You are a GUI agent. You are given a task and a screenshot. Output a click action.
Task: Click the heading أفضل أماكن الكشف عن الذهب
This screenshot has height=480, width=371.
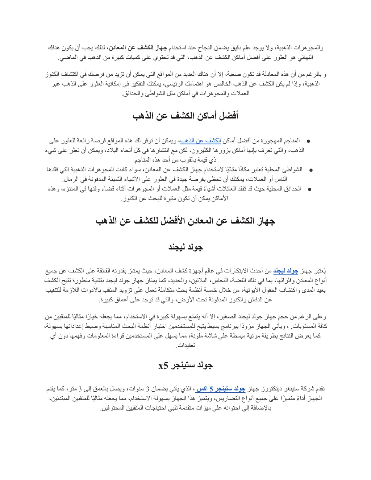(x=185, y=116)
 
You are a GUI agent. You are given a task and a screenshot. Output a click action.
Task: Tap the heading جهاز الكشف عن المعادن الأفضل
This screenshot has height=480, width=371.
(x=185, y=221)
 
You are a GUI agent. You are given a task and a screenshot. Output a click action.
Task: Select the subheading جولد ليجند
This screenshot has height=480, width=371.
(x=185, y=247)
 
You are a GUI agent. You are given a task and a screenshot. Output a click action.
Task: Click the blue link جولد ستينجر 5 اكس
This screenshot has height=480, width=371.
(x=221, y=389)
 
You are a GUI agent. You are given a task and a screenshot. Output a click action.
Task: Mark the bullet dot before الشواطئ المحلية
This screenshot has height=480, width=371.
(x=311, y=170)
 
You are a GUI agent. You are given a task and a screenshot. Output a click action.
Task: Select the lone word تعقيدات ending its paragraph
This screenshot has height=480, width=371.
(x=185, y=346)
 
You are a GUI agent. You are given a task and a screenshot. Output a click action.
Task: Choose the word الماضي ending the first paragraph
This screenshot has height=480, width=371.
(x=67, y=57)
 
